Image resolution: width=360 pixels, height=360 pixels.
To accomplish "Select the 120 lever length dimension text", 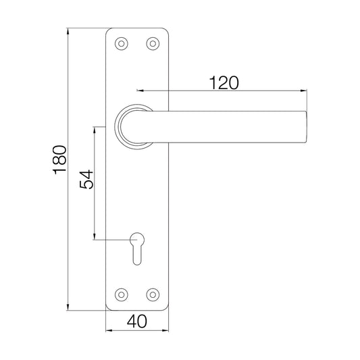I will [224, 82].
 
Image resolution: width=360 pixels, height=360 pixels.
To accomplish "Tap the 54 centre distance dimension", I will [86, 181].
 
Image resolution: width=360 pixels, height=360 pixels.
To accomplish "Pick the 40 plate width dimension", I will [137, 322].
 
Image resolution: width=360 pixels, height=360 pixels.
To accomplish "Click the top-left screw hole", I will [122, 43].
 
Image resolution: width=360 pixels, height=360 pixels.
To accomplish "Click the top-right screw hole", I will [153, 43].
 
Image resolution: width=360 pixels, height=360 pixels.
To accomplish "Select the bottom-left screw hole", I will [122, 294].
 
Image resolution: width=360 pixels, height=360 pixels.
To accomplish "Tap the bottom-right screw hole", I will [153, 294].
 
